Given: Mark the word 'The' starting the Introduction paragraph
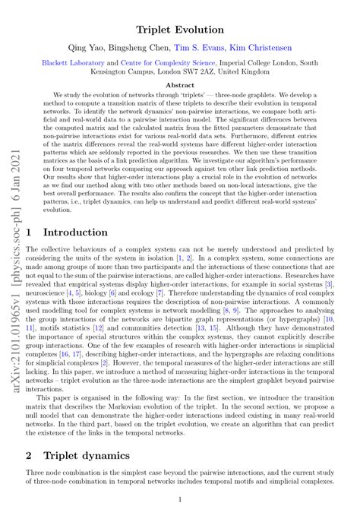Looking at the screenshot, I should (33, 250).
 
